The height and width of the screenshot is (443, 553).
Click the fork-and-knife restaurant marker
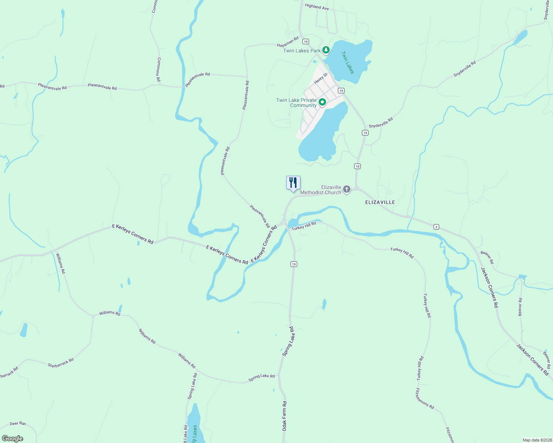pos(293,183)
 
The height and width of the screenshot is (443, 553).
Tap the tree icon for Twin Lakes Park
pos(326,50)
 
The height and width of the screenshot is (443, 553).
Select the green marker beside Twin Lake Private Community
pos(322,102)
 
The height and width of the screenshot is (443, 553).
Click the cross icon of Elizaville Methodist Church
pos(346,189)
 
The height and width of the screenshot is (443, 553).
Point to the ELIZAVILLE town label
pos(380,202)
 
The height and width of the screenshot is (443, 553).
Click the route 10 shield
pos(357,166)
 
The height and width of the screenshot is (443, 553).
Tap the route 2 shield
pos(436,227)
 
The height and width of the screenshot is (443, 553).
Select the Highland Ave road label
pos(317,7)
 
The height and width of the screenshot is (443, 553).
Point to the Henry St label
pos(320,78)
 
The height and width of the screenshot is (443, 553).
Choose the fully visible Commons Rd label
pos(159,69)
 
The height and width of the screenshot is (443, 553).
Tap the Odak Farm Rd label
pos(284,416)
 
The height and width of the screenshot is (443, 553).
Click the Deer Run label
pos(18,423)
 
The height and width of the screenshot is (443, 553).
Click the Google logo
pos(12,439)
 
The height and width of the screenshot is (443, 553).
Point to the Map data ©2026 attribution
pos(536,440)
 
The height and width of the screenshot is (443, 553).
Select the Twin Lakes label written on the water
pos(347,62)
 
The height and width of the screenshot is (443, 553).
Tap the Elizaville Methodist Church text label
pos(321,190)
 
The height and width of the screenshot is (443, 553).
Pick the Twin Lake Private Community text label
pos(296,103)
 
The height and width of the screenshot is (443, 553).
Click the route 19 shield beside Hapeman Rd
pos(305,41)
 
